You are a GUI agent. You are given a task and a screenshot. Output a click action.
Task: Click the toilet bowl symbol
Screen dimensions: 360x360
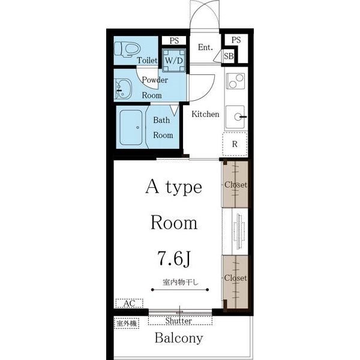click(x=127, y=49)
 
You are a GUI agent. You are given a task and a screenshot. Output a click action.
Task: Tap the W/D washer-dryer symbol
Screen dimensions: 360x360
click(x=174, y=60)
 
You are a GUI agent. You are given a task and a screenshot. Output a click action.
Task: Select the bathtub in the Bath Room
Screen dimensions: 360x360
click(x=131, y=127)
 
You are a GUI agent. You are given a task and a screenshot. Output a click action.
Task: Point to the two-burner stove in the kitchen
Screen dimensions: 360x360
click(x=235, y=81)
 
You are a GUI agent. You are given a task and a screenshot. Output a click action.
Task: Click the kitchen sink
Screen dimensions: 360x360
click(x=235, y=117)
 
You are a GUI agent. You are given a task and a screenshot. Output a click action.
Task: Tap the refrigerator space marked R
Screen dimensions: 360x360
click(x=235, y=144)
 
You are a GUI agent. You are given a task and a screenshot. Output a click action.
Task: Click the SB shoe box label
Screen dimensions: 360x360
click(x=229, y=56)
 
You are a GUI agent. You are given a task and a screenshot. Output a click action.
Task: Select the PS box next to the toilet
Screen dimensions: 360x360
click(x=174, y=41)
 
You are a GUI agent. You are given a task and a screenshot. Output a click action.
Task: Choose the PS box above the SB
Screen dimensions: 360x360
click(x=236, y=40)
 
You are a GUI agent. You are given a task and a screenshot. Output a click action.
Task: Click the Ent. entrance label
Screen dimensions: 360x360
click(x=205, y=47)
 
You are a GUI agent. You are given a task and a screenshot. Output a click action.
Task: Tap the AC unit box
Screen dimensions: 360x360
click(x=129, y=303)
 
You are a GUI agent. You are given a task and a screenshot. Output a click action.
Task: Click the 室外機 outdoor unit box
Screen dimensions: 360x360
click(x=127, y=323)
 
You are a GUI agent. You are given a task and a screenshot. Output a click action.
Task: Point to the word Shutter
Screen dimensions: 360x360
click(x=179, y=321)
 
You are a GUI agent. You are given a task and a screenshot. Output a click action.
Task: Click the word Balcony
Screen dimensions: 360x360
click(x=179, y=338)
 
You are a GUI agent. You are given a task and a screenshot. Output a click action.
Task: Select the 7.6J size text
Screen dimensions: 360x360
click(x=174, y=258)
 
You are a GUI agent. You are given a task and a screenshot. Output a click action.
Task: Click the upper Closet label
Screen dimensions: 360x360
click(x=236, y=185)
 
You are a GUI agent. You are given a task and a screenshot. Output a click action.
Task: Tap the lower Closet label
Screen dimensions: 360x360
click(x=236, y=278)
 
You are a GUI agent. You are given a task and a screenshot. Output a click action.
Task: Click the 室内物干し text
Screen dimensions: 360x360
click(x=181, y=282)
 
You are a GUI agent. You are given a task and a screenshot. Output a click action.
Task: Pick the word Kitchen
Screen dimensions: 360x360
click(x=205, y=114)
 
